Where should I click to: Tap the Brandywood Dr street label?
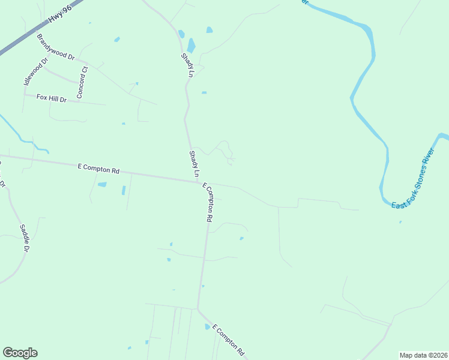click(x=55, y=47)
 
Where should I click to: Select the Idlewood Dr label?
click(x=34, y=71)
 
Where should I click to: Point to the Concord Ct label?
click(x=82, y=83)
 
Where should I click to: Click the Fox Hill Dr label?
click(x=51, y=97)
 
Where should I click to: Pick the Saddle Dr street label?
click(x=25, y=238)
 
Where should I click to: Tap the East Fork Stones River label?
click(x=413, y=181)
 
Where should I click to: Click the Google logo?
click(x=20, y=353)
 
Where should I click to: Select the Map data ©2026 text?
click(x=423, y=355)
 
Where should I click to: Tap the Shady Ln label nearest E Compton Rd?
click(x=194, y=164)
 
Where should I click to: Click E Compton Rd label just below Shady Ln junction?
click(x=208, y=203)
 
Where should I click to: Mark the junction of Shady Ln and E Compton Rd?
click(x=199, y=182)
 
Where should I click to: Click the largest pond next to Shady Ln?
click(x=191, y=45)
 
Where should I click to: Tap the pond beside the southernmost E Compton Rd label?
click(x=208, y=327)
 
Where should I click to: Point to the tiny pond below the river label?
click(x=400, y=222)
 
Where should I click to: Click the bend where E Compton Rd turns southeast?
click(x=198, y=308)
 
